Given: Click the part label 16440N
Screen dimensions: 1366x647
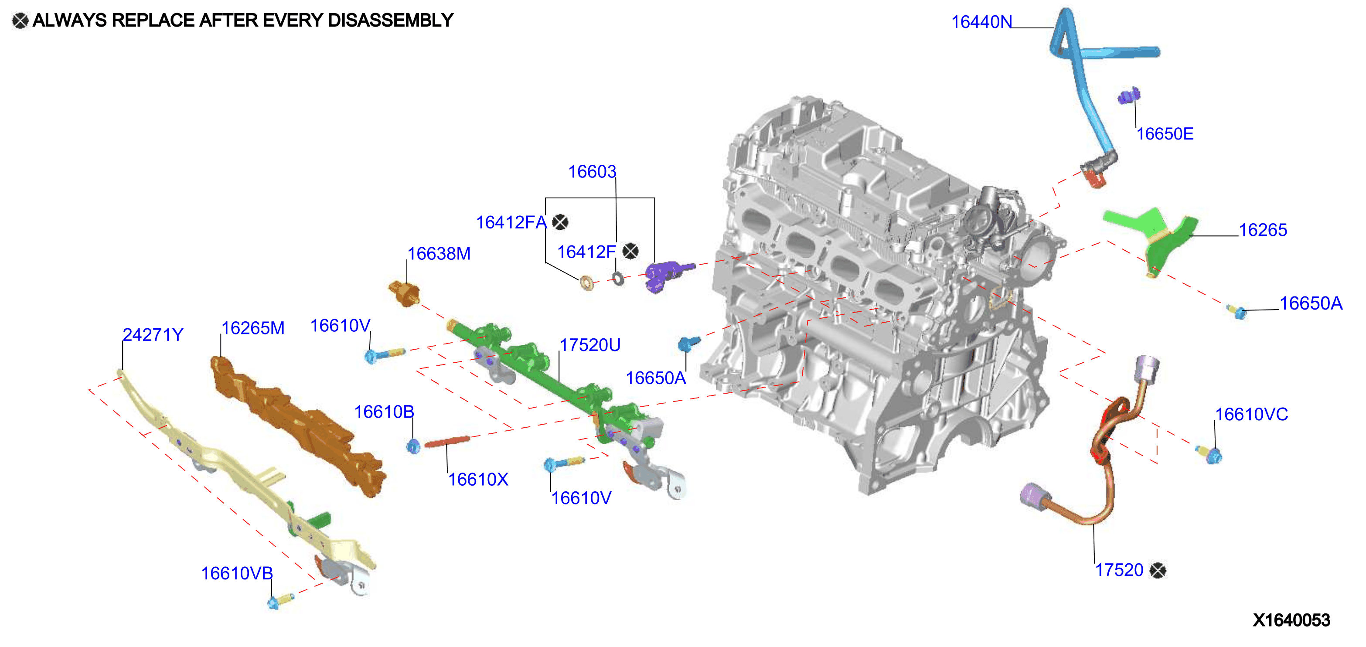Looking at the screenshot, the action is click(981, 22).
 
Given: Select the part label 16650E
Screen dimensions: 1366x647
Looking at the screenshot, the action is click(1165, 134).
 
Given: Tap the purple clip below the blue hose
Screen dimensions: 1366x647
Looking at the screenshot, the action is click(1129, 96).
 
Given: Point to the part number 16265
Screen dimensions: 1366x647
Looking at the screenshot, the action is click(1263, 230).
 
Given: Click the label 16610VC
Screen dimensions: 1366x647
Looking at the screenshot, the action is click(1251, 414).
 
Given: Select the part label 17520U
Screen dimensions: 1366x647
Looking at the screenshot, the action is click(590, 345).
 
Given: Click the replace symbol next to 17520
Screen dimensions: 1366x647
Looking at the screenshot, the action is click(1158, 571).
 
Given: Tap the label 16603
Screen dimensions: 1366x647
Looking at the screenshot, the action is click(593, 172).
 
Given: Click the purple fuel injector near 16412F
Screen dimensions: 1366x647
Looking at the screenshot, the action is click(668, 274).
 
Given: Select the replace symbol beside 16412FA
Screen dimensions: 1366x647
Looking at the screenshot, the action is click(560, 222).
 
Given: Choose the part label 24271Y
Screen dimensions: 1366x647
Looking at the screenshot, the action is click(153, 335).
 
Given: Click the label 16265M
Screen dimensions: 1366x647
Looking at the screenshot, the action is click(253, 328).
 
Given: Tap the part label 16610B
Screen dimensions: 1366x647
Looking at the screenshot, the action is click(384, 412).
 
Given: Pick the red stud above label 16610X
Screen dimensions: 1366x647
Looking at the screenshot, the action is click(447, 441).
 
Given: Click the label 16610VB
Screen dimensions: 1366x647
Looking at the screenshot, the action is click(237, 573).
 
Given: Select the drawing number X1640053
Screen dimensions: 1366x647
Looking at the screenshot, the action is click(1292, 620).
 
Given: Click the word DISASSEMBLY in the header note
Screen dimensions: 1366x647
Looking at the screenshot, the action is click(391, 20).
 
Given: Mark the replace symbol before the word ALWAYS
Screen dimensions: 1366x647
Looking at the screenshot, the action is click(20, 20).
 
